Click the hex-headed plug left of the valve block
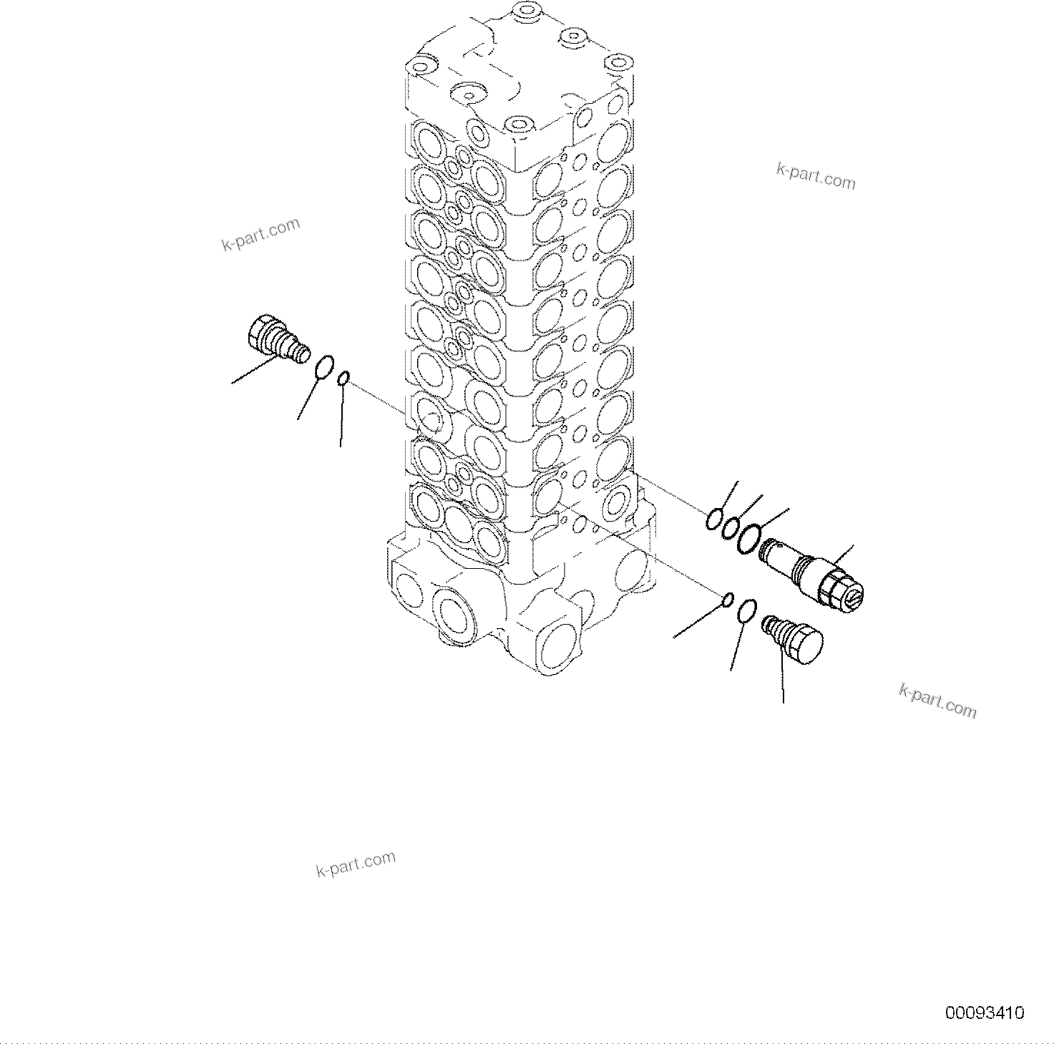[x=275, y=336]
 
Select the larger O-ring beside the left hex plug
[x=324, y=366]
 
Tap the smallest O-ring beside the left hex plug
[x=344, y=377]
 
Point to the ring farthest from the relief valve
[x=713, y=519]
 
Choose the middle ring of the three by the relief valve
[x=729, y=527]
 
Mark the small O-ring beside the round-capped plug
[x=727, y=598]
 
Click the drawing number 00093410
[x=985, y=1013]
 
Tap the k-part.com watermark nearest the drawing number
[x=937, y=700]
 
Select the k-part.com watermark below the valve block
[x=356, y=864]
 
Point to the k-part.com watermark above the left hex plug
[x=260, y=234]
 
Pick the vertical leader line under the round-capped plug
[x=782, y=680]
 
